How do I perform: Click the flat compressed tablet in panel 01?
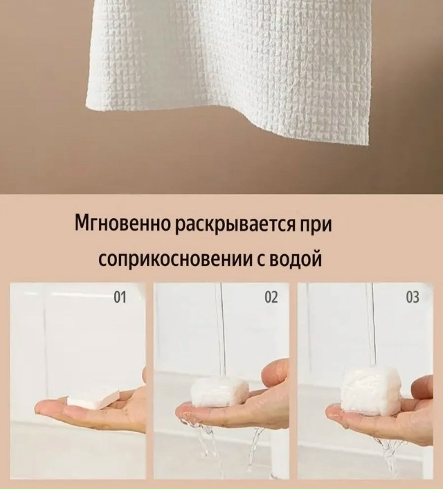click(x=93, y=398)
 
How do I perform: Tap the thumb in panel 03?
click(x=421, y=388)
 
